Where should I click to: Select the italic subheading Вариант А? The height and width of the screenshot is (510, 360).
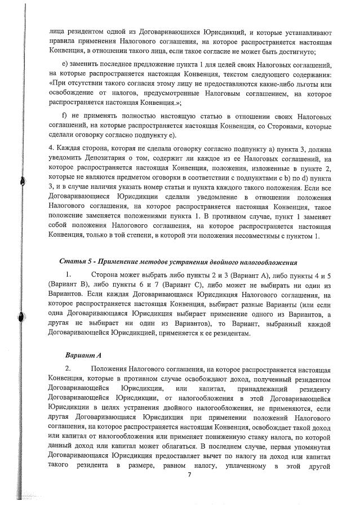82,356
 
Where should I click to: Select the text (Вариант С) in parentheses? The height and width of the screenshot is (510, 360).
168,284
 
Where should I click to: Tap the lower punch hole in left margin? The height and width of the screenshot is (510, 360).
23,318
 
